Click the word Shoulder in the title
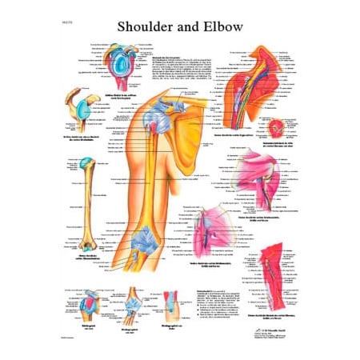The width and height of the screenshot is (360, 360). point(142,27)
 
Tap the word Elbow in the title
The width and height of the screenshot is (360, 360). point(222,27)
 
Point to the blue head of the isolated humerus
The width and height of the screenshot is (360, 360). point(86,163)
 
